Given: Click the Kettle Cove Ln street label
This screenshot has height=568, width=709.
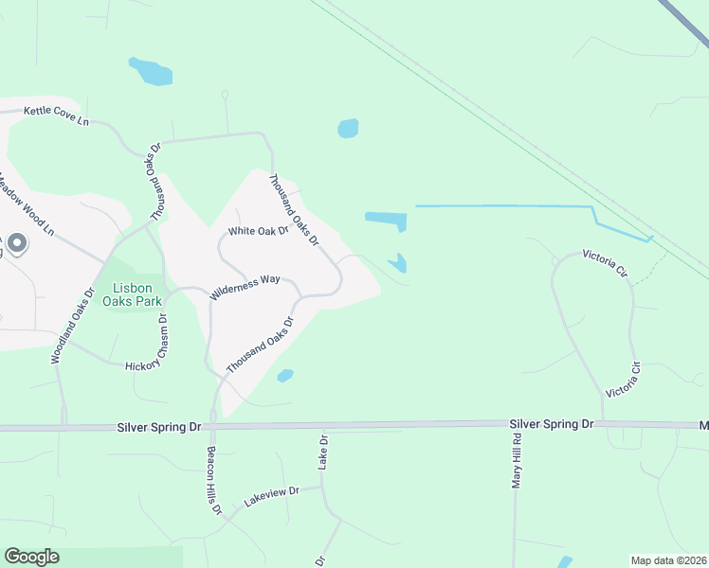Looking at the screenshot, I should point(56,116).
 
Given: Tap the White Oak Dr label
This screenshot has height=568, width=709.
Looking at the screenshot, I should point(258,231).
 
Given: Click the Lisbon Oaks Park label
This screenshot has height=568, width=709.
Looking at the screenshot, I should point(138,294).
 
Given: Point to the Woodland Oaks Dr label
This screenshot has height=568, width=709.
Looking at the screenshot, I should point(73,325).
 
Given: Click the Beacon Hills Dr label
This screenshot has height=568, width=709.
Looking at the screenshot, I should point(214,481).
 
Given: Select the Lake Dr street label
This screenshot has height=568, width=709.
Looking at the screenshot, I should point(322,453).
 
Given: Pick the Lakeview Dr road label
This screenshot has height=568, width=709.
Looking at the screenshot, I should point(271,494).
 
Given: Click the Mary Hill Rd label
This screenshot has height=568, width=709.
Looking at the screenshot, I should point(518,462).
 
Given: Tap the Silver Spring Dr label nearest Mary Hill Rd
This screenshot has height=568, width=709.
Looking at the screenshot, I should point(551,424).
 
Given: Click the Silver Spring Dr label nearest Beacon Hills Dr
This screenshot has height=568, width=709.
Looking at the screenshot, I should point(159,427).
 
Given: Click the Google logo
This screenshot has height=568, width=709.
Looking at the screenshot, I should point(31,557).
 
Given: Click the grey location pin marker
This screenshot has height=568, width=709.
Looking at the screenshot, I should point(18,245).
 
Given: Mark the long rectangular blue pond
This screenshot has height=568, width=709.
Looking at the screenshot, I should point(386,219).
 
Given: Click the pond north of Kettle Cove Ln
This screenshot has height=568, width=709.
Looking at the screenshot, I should point(151,71).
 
